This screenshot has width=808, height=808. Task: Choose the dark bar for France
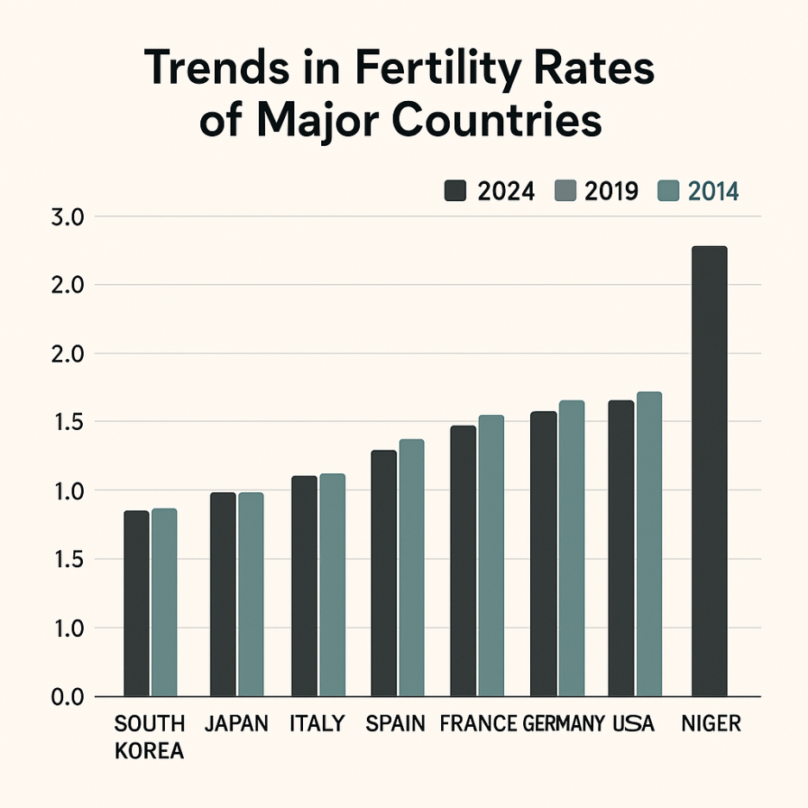(x=464, y=560)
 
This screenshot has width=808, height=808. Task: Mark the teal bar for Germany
(x=571, y=548)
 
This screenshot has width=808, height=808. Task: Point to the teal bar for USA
(x=648, y=544)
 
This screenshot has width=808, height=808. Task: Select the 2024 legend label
(x=506, y=192)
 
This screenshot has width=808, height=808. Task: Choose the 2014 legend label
(x=713, y=192)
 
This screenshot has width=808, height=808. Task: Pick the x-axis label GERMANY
(x=563, y=723)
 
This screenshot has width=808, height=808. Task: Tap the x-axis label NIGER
(x=710, y=723)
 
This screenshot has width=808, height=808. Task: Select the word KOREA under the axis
(x=149, y=751)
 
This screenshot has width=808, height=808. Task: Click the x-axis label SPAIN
(x=395, y=723)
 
